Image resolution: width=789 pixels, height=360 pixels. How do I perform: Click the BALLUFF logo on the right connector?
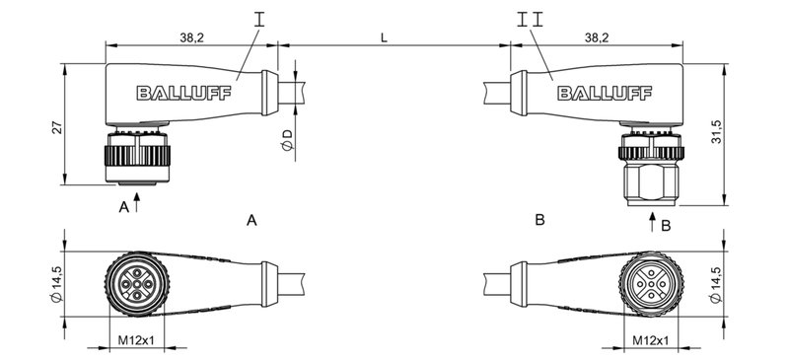click(x=598, y=94)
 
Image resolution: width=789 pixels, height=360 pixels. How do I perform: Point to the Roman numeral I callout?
click(x=259, y=18)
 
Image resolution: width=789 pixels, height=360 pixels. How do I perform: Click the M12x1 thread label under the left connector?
click(x=137, y=341)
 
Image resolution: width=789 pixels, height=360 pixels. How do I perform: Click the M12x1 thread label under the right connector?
click(x=651, y=341)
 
